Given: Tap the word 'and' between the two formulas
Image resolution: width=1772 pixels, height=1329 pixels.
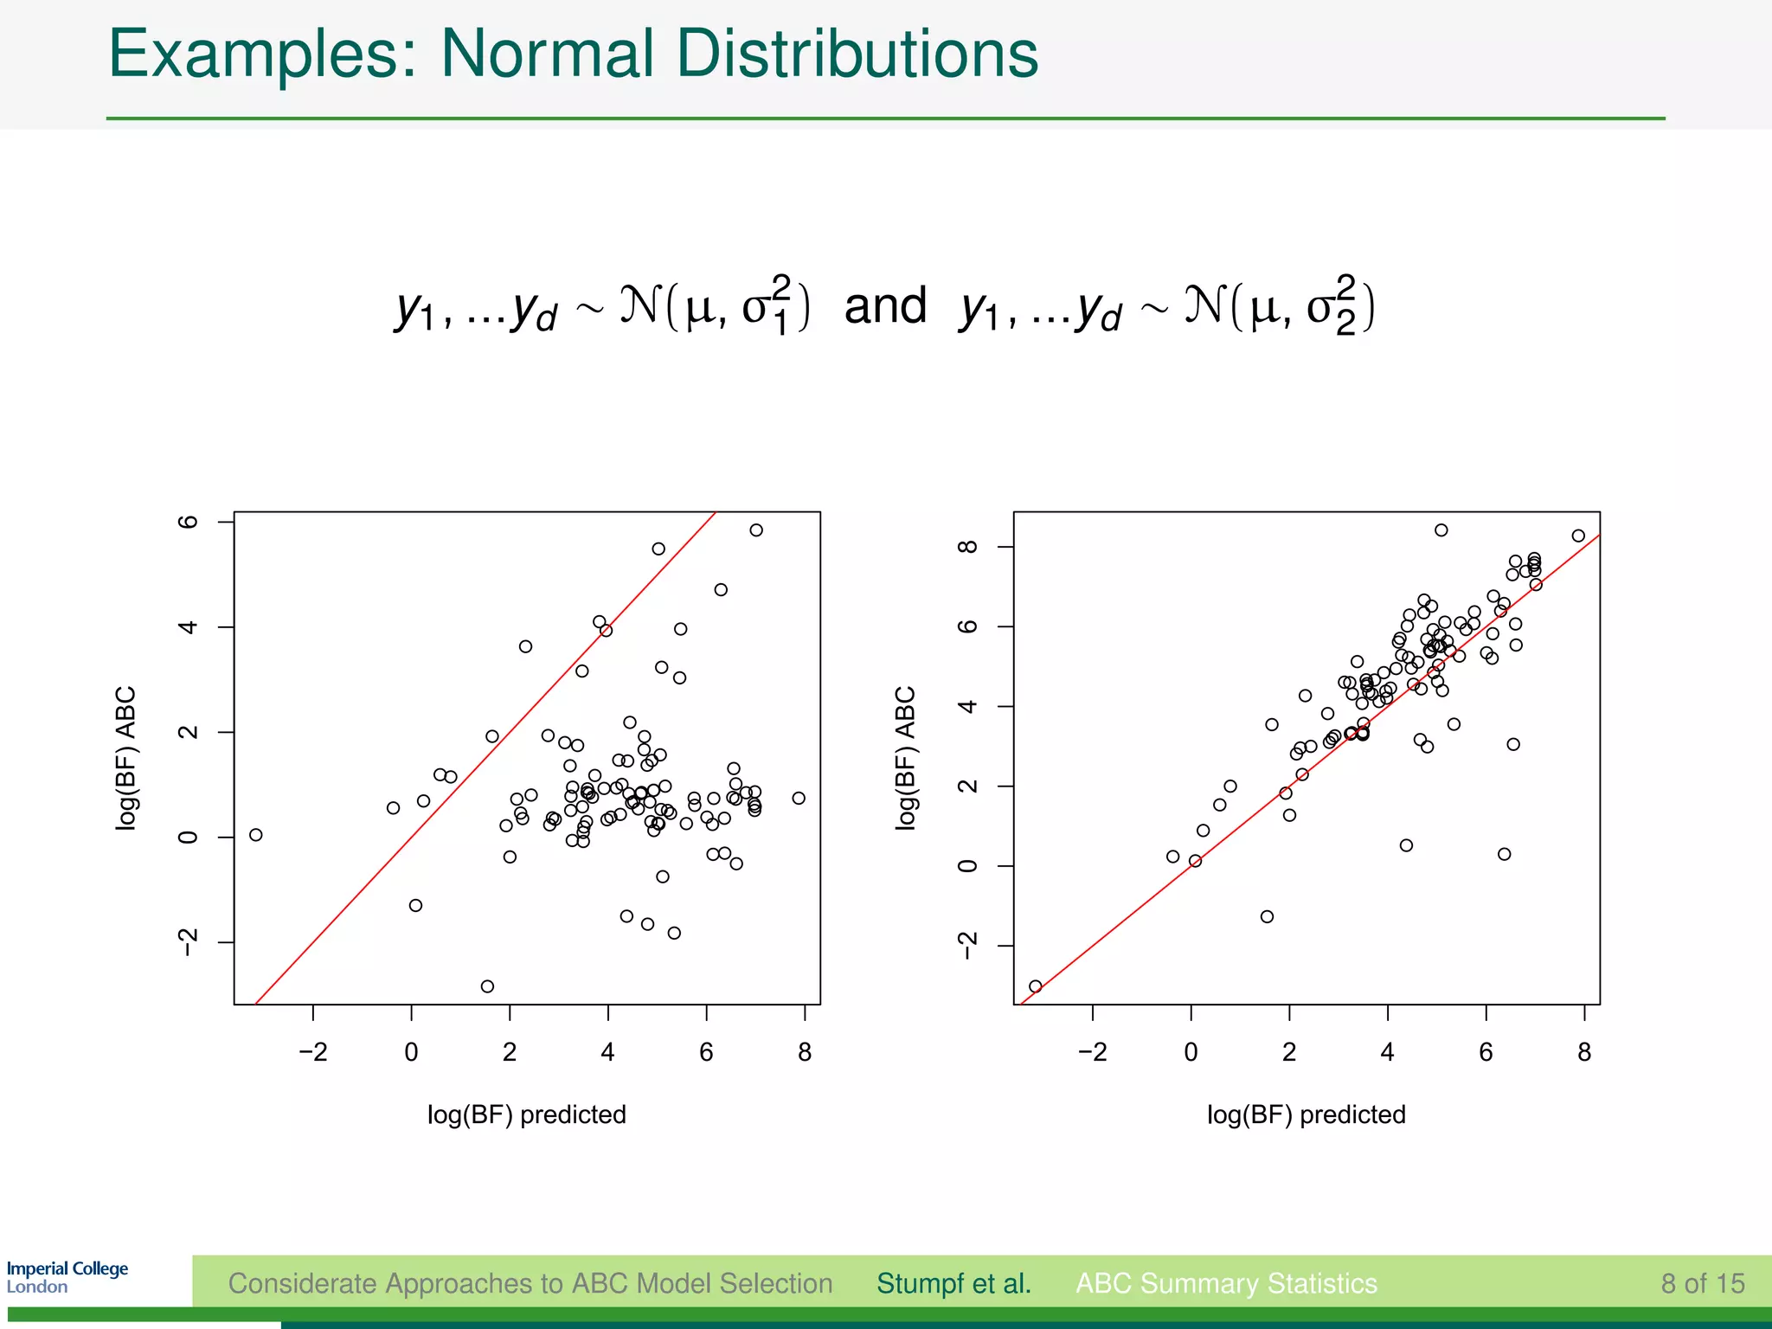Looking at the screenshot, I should coord(884,305).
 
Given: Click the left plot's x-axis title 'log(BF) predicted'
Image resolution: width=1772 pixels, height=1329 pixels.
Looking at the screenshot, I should coord(526,1114).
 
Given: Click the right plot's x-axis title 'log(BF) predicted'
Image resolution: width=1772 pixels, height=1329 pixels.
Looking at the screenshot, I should coord(1306,1114).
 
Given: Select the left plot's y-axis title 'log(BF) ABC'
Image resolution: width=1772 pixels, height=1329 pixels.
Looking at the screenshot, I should coord(126,758).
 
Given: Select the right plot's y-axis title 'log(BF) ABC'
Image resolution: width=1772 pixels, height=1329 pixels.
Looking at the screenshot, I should coord(905,758).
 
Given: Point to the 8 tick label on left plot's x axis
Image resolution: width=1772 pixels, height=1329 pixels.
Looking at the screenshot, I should coord(805,1053).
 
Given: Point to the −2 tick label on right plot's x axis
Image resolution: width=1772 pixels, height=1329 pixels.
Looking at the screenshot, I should coord(1092,1053).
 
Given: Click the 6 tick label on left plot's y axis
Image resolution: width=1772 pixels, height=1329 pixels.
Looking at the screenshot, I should coord(188,522).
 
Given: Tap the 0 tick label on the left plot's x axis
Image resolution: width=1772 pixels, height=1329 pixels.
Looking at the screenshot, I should coord(411,1053).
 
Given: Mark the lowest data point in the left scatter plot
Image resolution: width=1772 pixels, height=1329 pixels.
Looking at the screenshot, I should coord(487,986).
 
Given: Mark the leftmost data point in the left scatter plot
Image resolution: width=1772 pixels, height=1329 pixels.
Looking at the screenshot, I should coord(255,835).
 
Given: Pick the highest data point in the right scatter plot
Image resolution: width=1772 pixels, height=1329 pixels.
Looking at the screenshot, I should coord(1441,530).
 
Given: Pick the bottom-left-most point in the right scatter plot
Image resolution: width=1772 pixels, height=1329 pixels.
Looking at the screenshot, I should coord(1036,986).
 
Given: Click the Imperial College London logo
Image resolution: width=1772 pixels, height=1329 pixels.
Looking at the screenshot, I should coord(67,1277).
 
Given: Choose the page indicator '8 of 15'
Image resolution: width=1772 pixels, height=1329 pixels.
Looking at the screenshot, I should coord(1702,1283).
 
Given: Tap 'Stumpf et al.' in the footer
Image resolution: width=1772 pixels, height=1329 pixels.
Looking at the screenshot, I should coord(953,1283).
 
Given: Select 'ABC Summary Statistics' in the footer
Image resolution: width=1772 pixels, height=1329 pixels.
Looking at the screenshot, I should coord(1226,1283).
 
